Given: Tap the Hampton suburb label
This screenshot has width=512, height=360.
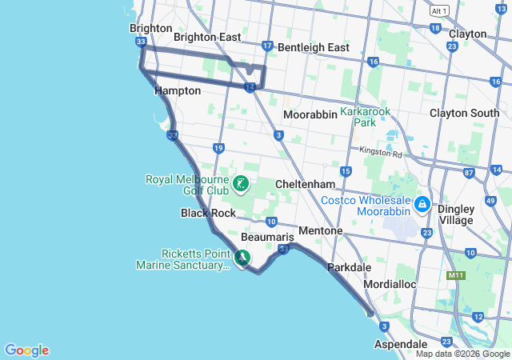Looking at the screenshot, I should pyautogui.click(x=178, y=91).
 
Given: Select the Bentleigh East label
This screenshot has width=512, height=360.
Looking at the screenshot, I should pyautogui.click(x=314, y=48).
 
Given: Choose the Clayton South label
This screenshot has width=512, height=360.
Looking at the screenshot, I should pyautogui.click(x=464, y=114).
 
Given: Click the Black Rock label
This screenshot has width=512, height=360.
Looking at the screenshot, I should pyautogui.click(x=208, y=213).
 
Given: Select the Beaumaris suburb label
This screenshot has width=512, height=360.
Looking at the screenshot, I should pyautogui.click(x=262, y=238).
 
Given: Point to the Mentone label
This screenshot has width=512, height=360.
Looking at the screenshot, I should pyautogui.click(x=320, y=231).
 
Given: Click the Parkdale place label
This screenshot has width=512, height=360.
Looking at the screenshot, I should pyautogui.click(x=349, y=266).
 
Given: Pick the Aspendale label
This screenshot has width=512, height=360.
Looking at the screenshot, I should pyautogui.click(x=401, y=344).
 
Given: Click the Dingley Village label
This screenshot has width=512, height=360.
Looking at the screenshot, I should pyautogui.click(x=455, y=214).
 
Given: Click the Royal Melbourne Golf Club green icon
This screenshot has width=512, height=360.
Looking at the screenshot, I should pyautogui.click(x=240, y=186).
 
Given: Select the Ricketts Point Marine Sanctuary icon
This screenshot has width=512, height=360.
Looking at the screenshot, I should pyautogui.click(x=242, y=258).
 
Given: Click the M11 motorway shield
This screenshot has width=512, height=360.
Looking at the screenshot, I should pyautogui.click(x=456, y=276).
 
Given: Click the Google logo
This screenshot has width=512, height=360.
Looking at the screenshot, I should pyautogui.click(x=26, y=350).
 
